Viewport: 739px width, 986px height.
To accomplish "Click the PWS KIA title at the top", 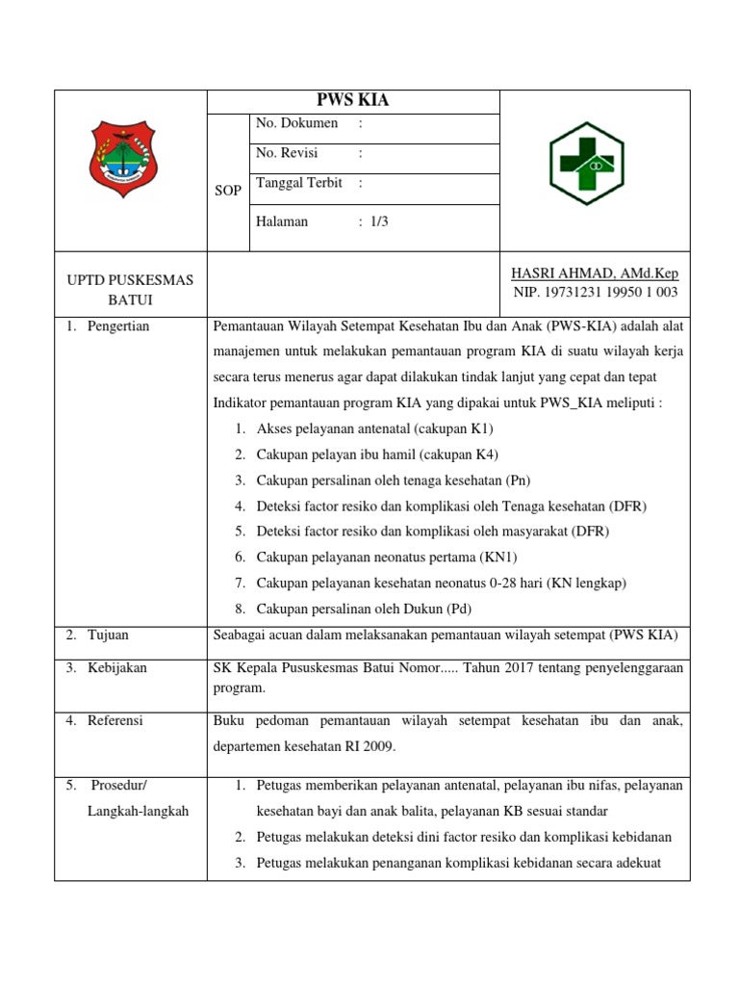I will pos(353,101).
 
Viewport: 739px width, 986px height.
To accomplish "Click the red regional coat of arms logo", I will pos(130,158).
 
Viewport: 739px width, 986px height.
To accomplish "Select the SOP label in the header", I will pos(228,191).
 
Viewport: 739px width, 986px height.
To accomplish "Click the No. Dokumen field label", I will pos(297,123).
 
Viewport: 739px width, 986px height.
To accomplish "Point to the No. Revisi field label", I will pos(287,153).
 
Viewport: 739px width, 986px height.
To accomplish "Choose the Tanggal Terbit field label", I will pos(299,183).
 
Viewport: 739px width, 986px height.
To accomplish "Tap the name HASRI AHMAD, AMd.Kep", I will pos(594,273).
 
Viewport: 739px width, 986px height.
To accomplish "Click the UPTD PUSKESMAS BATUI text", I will pos(130,290).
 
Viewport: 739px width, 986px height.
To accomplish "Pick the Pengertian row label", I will pos(118,326).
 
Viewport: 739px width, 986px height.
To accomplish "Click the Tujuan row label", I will pos(108,636).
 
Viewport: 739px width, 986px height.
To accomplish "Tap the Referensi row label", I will pos(115,720).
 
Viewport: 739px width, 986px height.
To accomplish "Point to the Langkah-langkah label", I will pos(139,811).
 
